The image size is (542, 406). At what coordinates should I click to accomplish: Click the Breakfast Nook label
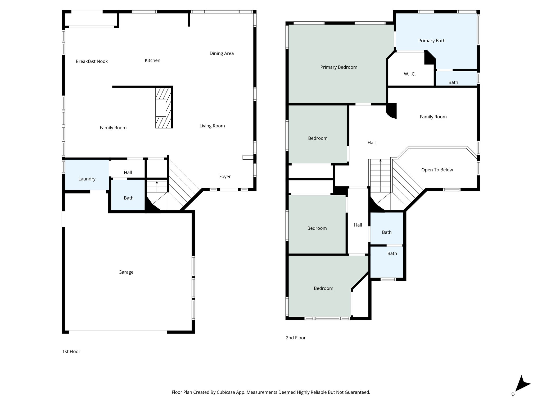[x=92, y=61]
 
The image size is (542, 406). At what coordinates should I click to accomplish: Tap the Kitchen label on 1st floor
[x=152, y=61]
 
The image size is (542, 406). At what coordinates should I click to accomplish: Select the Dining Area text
[x=222, y=53]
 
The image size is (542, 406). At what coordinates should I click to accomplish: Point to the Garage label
[x=126, y=272]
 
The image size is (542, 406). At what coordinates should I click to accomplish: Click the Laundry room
[x=87, y=179]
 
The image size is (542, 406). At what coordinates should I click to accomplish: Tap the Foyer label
[x=225, y=177]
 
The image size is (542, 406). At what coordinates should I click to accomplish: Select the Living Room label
[x=212, y=126]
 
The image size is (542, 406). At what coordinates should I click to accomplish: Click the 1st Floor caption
[x=71, y=351]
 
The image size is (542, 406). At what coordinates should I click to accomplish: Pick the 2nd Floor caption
[x=296, y=338]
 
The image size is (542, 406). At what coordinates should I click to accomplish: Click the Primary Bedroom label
[x=338, y=67]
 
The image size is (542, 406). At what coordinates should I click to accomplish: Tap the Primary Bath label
[x=432, y=41]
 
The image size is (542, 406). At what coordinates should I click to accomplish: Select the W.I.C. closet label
[x=409, y=74]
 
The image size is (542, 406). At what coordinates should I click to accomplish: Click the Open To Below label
[x=437, y=170]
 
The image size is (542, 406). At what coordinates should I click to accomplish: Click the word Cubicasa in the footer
[x=227, y=392]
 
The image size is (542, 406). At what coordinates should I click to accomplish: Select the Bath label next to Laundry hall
[x=129, y=198]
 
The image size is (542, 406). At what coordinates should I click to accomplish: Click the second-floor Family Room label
[x=433, y=117]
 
